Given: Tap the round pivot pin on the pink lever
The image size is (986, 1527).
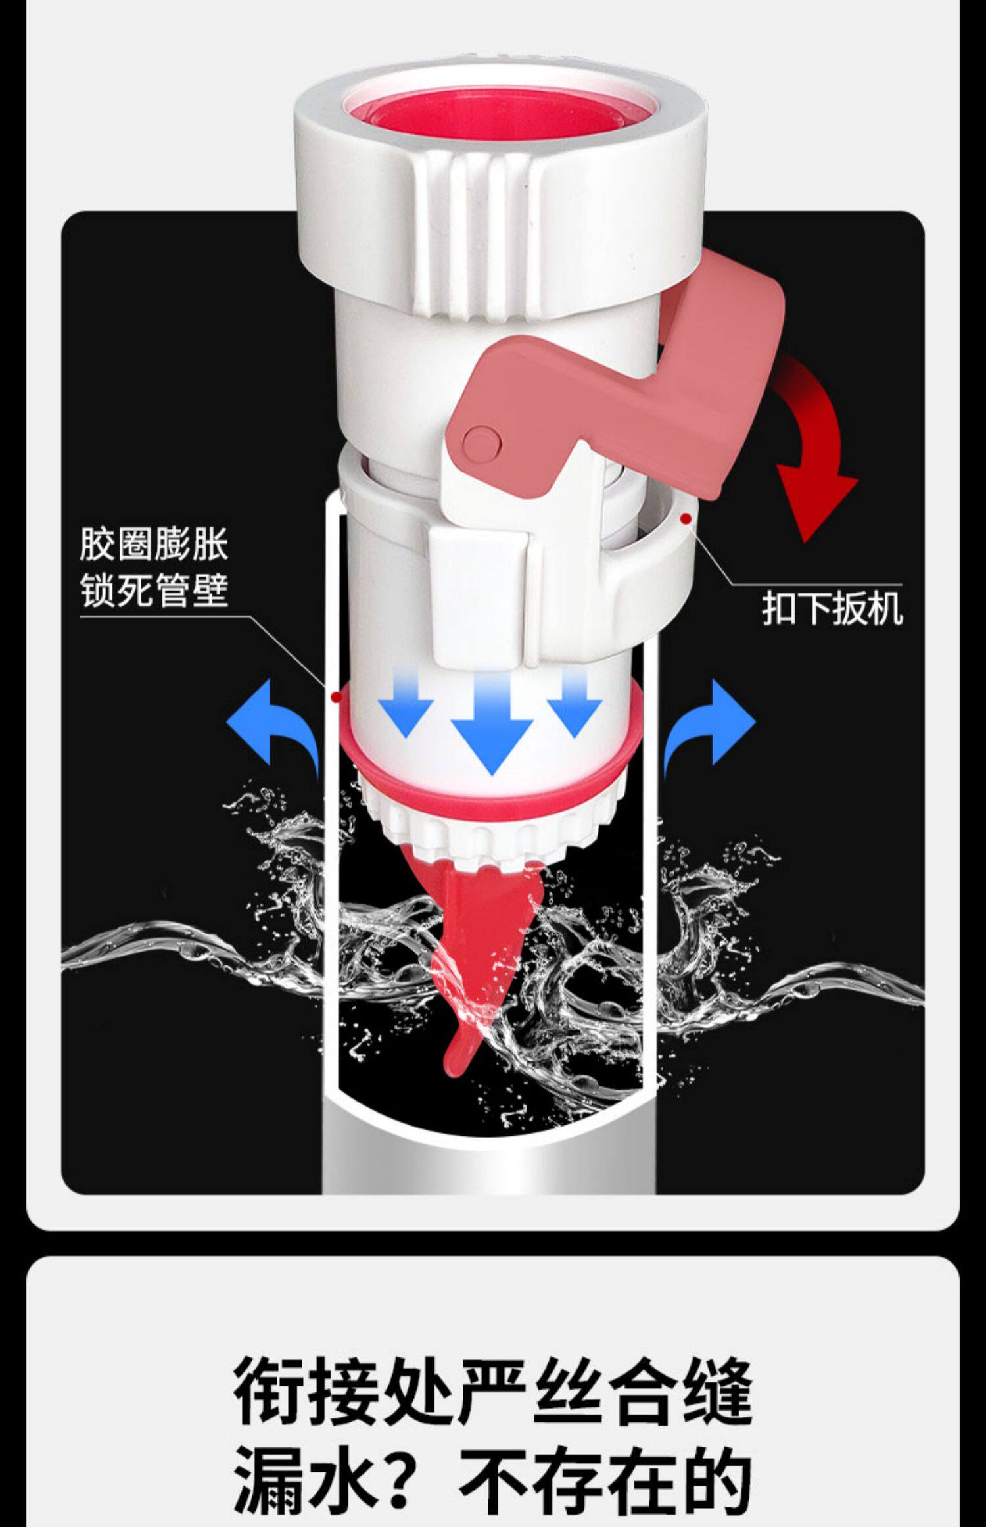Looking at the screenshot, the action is click(480, 441).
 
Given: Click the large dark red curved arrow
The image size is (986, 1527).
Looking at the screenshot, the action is click(815, 454).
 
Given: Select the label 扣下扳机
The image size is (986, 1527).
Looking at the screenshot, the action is click(832, 608).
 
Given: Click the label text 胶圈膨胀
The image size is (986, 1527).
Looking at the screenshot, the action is click(154, 545).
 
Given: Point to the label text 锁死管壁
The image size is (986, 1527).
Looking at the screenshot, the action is click(154, 591).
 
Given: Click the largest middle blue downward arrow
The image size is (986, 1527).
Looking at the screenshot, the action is click(492, 730).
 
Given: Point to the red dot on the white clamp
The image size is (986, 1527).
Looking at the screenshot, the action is click(686, 519).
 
